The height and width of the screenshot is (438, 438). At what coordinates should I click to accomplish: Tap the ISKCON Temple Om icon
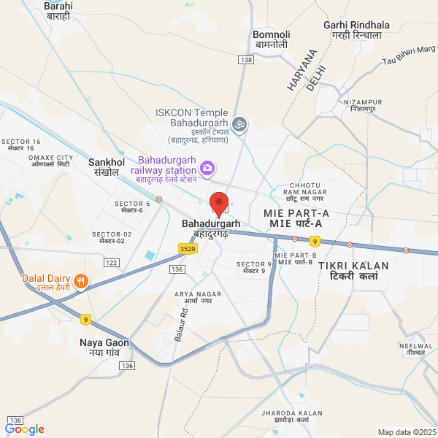pos(239,125)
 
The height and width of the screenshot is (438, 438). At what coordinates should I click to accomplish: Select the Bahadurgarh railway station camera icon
pos(207,169)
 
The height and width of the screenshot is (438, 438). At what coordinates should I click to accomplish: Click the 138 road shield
pos(245,59)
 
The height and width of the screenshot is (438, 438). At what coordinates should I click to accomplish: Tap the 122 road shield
pos(112,262)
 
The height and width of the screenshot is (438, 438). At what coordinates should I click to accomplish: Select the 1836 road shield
pos(16,420)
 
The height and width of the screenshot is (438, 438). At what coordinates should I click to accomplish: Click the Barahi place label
pos(58,9)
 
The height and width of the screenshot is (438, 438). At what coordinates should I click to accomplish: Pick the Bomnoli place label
pos(272,39)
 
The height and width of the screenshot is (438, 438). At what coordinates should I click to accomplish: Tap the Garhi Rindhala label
pos(356,30)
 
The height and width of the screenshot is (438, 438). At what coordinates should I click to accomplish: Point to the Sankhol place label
pos(102,166)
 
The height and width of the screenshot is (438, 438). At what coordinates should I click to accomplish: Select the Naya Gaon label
pos(104,347)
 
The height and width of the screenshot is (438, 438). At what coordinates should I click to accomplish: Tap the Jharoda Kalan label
pos(291,418)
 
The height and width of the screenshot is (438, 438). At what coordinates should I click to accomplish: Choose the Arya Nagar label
pos(193,297)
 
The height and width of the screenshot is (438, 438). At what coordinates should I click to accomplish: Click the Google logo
pos(25,429)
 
